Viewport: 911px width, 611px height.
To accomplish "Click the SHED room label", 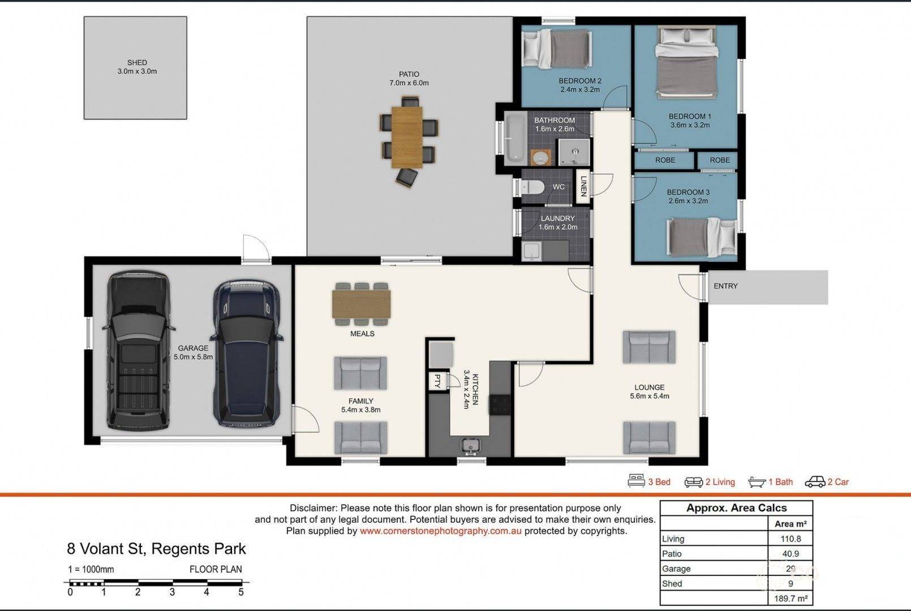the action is pos(137,63).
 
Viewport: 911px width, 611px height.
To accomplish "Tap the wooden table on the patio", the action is pos(407,137).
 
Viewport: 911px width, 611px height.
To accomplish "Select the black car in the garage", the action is pos(139,350).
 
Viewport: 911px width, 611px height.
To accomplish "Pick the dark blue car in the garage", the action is pos(246,353).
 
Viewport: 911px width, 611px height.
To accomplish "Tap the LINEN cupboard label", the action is pos(583,186).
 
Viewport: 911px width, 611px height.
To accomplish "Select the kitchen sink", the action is pos(471,446).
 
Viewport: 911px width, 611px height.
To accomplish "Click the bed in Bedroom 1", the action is pos(686,62).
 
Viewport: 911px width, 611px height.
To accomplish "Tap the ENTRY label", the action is pos(725,286).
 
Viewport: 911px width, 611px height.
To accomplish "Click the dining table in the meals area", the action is pos(361,304).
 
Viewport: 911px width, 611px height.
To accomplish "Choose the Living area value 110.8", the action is pos(790,539).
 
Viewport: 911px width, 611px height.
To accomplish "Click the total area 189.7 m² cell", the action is pos(790,599).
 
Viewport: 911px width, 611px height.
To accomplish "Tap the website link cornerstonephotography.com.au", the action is pos(440,531).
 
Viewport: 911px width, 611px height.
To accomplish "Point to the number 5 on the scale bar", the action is pos(241,592).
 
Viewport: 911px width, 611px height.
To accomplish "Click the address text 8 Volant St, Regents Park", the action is pos(157,549).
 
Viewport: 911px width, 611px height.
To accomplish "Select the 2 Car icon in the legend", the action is pos(815,481).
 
